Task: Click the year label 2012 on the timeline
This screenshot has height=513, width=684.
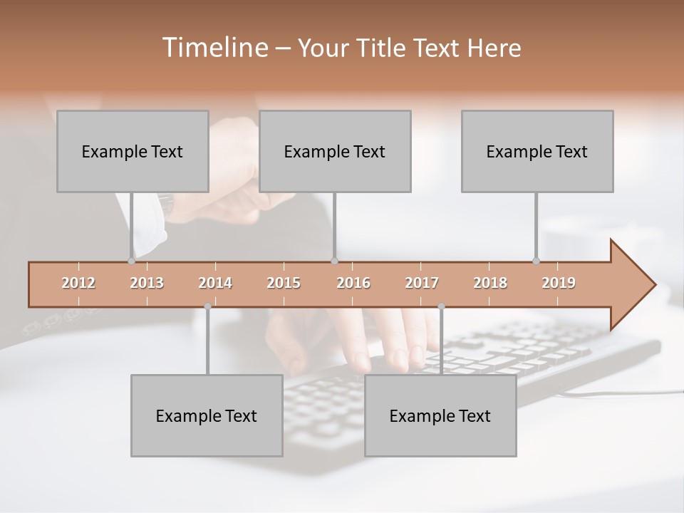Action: [x=78, y=283]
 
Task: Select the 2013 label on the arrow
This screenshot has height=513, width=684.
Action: [x=147, y=283]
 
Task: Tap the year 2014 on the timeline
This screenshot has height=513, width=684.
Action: [x=215, y=283]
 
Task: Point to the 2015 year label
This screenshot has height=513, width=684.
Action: [x=284, y=283]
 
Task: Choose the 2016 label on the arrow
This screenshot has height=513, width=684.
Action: [x=353, y=283]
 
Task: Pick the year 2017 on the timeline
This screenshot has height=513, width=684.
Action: [x=422, y=283]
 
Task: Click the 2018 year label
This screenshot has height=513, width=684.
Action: [x=490, y=283]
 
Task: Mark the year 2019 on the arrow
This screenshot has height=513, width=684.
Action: [x=559, y=283]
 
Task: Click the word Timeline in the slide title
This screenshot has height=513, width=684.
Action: [x=213, y=48]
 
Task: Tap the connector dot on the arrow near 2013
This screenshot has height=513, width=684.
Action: [x=132, y=261]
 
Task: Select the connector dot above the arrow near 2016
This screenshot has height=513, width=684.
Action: [x=334, y=261]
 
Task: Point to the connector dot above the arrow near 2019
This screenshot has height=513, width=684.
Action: [x=537, y=261]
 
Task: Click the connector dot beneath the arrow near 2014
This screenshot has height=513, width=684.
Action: [x=207, y=306]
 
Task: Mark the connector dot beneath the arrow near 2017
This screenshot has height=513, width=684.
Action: [x=441, y=306]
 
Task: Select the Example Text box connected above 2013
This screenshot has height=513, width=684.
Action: [x=133, y=151]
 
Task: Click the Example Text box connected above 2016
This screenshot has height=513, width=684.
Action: [x=335, y=151]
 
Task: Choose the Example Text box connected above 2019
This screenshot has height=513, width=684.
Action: [x=537, y=151]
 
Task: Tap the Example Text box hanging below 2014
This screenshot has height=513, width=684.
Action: [x=207, y=415]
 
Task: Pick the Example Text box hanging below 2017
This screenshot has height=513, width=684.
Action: [x=440, y=415]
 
